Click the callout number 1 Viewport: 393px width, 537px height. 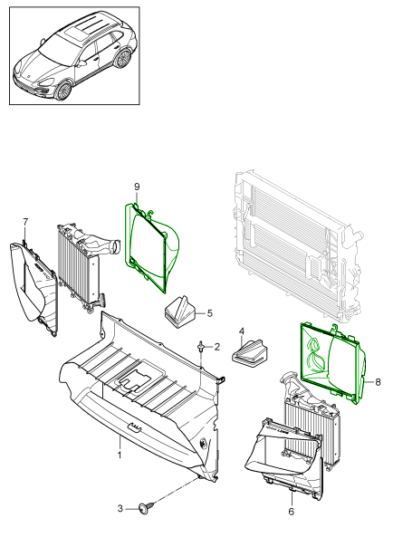tap(120, 455)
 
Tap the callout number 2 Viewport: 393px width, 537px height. tap(217, 347)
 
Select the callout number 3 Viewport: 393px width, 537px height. tap(120, 508)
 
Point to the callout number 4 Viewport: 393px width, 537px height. tap(242, 331)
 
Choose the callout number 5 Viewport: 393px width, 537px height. tap(210, 312)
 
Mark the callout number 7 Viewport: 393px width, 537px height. tap(25, 222)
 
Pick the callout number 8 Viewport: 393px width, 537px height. tap(378, 382)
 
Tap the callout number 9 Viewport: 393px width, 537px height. tap(137, 187)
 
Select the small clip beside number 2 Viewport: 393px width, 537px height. tap(200, 346)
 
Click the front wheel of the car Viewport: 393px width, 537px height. tap(63, 91)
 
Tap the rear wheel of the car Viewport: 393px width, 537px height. tap(123, 59)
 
